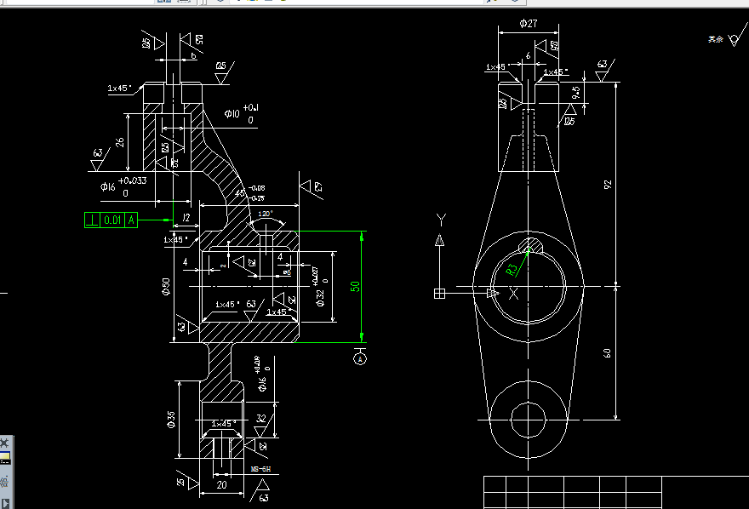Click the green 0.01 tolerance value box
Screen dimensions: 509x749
pyautogui.click(x=112, y=220)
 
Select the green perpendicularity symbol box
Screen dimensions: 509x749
pyautogui.click(x=92, y=220)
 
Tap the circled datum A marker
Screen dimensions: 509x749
pyautogui.click(x=361, y=358)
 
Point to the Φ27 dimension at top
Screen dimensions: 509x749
pyautogui.click(x=528, y=24)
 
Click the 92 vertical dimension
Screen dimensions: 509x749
pyautogui.click(x=608, y=184)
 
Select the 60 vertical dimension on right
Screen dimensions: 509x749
pyautogui.click(x=608, y=352)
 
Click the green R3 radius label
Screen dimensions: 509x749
pyautogui.click(x=512, y=270)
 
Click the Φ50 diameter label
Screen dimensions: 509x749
pyautogui.click(x=167, y=287)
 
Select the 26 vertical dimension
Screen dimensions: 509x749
pyautogui.click(x=121, y=142)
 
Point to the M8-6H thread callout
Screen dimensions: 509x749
pyautogui.click(x=260, y=469)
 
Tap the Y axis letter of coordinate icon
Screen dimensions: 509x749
pyautogui.click(x=440, y=219)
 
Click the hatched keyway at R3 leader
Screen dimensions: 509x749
pyautogui.click(x=531, y=247)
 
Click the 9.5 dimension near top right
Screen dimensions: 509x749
pyautogui.click(x=576, y=92)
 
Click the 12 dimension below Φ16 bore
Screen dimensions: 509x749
pyautogui.click(x=186, y=219)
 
